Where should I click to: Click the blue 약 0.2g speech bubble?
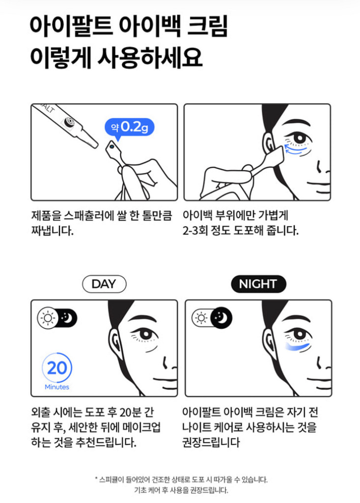click(x=129, y=127)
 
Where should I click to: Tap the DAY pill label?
click(x=104, y=284)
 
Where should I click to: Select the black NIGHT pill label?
click(x=258, y=284)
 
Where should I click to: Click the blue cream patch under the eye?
click(x=298, y=348)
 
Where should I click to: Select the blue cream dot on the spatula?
click(x=112, y=146)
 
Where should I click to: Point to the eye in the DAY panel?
click(x=145, y=334)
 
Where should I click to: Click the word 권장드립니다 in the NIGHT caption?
click(x=211, y=442)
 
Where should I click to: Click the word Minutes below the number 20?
click(x=56, y=387)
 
